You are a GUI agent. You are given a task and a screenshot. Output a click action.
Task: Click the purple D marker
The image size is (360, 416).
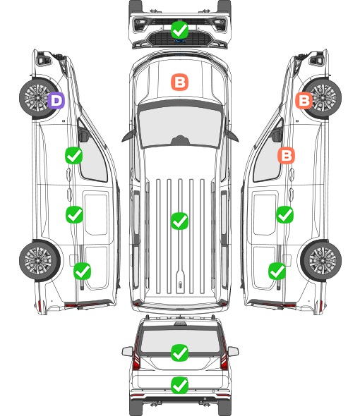point(56,101)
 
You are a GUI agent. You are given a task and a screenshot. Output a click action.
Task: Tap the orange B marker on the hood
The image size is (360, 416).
point(180,82)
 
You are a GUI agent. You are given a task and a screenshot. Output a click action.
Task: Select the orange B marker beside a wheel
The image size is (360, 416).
point(304,101)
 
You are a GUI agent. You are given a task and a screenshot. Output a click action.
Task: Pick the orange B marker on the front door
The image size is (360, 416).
point(286,155)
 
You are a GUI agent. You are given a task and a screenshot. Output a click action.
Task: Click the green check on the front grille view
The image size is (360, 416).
point(179,30)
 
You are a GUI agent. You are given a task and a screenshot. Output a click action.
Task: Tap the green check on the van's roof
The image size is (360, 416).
point(179,221)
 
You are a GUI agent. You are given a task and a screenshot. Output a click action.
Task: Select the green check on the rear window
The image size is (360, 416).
point(179,353)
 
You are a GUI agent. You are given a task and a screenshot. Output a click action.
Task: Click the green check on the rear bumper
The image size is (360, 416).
point(179,385)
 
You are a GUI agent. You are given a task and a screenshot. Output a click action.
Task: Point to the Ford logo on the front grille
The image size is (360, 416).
point(179,41)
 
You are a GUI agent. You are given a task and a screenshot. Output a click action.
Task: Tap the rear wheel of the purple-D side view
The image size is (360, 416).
point(40,261)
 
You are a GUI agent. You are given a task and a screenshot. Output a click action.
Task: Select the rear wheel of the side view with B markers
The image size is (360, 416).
point(321,261)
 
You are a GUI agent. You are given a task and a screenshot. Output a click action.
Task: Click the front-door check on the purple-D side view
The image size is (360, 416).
point(73,155)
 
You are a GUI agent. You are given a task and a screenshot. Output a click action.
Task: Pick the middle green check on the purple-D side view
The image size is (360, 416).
point(74,214)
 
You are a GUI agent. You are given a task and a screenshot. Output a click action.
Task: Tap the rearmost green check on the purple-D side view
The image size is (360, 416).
point(82,271)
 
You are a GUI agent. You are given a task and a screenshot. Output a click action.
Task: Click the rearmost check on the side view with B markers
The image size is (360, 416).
point(277,271)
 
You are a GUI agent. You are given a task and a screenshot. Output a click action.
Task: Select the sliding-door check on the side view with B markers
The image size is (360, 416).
point(284,214)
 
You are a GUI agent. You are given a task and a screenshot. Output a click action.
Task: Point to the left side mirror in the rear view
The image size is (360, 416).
point(127,352)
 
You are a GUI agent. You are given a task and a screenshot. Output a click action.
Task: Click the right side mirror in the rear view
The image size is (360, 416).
point(233,352)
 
